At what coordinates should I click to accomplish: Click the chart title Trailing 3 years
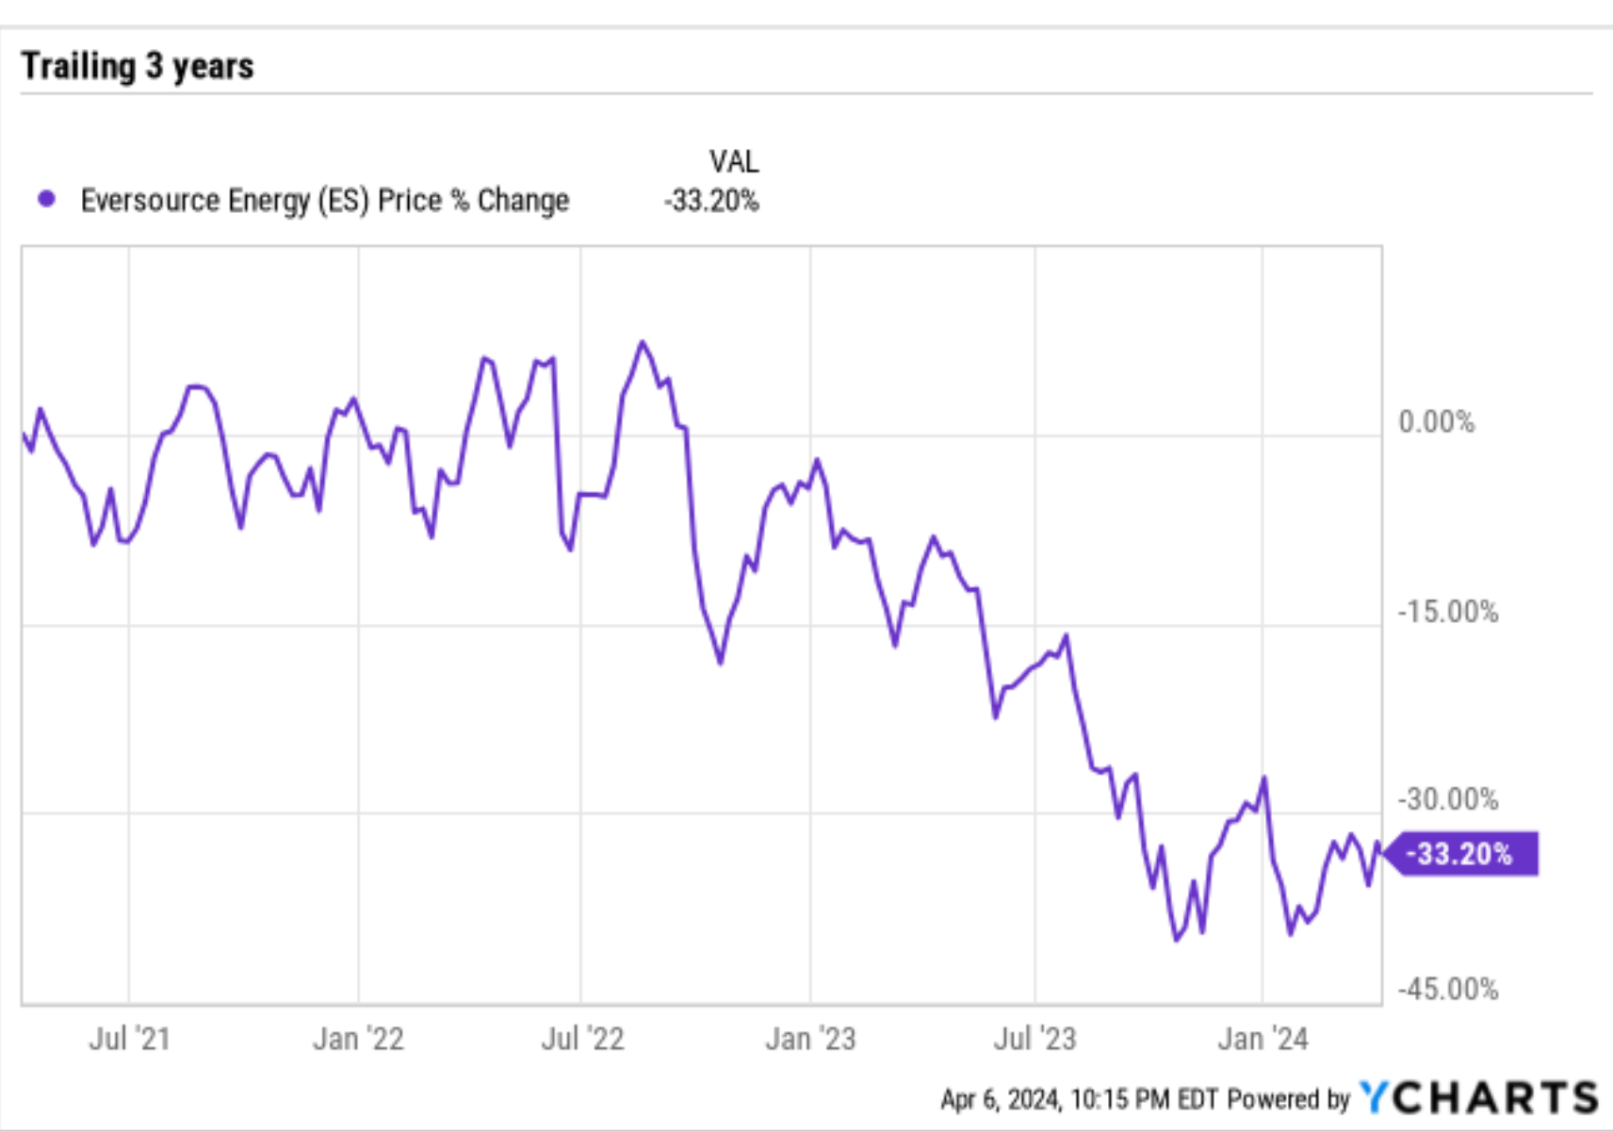coord(138,66)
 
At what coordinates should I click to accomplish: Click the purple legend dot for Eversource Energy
coord(46,199)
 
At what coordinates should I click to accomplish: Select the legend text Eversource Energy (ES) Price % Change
coord(324,200)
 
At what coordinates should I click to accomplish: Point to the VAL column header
coord(733,161)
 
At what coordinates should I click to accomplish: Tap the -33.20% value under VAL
coord(710,201)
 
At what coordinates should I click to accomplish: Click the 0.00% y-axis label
coord(1436,421)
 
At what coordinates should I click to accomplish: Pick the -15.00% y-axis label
coord(1447,612)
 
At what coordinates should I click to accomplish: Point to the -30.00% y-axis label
coord(1447,799)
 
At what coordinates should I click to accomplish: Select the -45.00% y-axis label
coord(1447,989)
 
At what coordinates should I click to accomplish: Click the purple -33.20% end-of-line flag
coord(1462,854)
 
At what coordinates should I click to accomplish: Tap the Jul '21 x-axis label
coord(129,1039)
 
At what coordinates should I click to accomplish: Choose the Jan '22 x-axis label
coord(358,1039)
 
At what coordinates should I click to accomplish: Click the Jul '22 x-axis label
coord(582,1039)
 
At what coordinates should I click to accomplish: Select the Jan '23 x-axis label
coord(810,1039)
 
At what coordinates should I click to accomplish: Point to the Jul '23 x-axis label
coord(1035,1039)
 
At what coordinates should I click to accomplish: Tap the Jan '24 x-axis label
coord(1263,1039)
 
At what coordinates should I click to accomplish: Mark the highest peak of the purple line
coord(644,342)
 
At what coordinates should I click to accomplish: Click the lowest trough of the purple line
coord(1176,940)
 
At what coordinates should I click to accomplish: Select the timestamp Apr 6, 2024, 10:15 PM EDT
coord(1080,1099)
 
